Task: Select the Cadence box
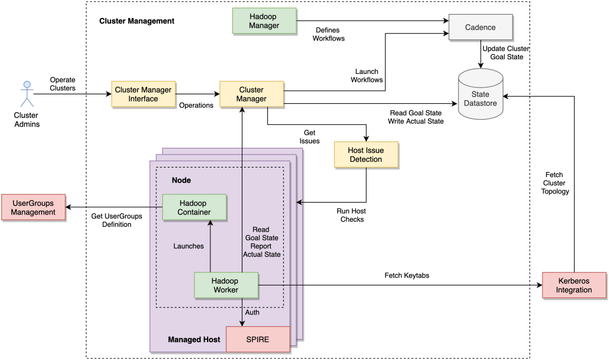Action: (480, 27)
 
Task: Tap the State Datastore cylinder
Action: (480, 94)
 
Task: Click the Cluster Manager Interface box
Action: (143, 94)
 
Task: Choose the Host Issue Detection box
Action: (366, 155)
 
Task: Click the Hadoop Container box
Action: (195, 207)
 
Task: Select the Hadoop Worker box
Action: (226, 285)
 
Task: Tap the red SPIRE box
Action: (258, 339)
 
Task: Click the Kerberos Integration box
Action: (575, 285)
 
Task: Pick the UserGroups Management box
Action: (33, 207)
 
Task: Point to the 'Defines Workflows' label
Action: (329, 34)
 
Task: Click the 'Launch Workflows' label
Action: (367, 76)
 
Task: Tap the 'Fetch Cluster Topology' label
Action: (555, 183)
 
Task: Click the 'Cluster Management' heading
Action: (136, 21)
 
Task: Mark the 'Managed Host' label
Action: (193, 340)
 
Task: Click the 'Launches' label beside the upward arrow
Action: (188, 246)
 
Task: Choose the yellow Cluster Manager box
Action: (251, 94)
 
